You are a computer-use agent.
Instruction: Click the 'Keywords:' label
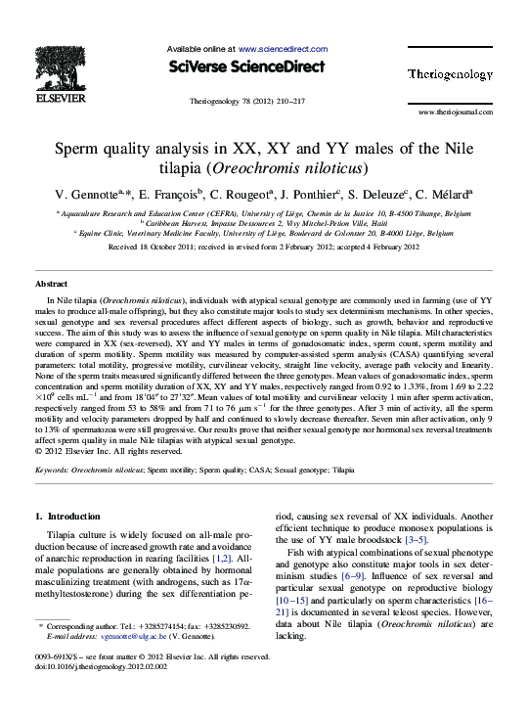pos(53,470)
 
